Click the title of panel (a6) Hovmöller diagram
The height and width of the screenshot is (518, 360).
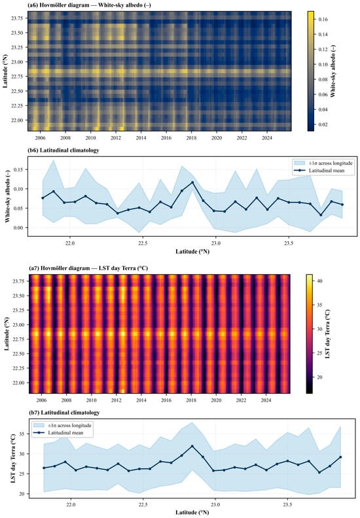(x=89, y=6)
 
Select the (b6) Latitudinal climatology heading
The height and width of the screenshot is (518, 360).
(x=63, y=150)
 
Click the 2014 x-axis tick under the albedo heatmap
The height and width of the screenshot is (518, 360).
(x=141, y=138)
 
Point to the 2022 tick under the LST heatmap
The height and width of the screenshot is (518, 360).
(x=242, y=400)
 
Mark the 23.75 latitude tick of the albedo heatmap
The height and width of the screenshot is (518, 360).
(x=18, y=18)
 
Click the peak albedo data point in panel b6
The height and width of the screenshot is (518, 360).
(x=192, y=182)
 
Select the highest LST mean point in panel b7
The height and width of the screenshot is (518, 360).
(x=192, y=446)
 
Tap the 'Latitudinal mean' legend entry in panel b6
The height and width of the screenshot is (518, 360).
(x=327, y=171)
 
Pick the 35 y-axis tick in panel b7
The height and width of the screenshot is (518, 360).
(x=23, y=434)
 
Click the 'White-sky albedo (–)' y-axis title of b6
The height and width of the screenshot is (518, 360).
(x=8, y=197)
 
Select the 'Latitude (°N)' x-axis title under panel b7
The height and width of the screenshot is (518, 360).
(x=192, y=513)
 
